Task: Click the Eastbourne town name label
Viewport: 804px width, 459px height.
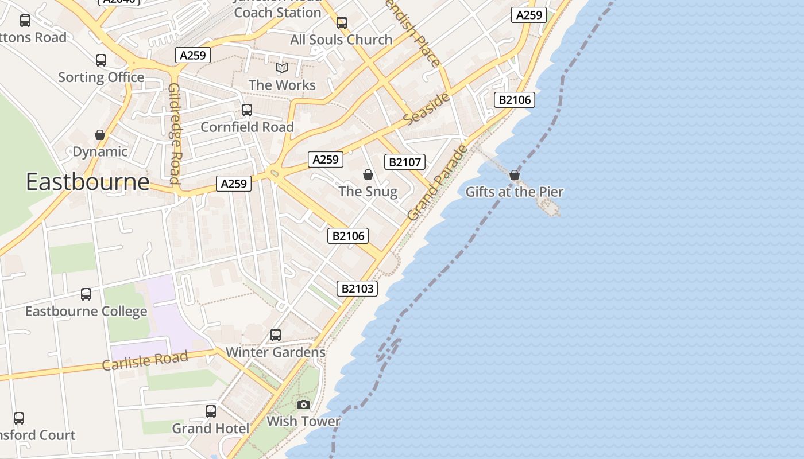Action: click(x=87, y=182)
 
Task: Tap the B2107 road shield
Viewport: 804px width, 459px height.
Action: click(x=405, y=162)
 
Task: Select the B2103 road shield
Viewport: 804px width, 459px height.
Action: click(x=357, y=288)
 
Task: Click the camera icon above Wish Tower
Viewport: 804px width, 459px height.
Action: click(x=304, y=404)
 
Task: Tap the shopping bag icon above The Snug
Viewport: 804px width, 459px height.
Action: click(x=368, y=174)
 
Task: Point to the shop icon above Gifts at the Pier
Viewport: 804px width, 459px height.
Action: click(x=515, y=175)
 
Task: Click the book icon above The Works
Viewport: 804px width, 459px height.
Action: click(x=282, y=68)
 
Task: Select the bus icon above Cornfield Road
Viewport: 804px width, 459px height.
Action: click(x=247, y=110)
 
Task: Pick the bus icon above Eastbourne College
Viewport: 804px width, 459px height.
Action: click(x=86, y=294)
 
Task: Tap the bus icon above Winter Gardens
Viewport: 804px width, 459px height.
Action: click(x=276, y=335)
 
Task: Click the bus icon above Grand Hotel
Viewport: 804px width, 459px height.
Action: click(x=211, y=411)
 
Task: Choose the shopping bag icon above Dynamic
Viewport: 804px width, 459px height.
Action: click(x=100, y=135)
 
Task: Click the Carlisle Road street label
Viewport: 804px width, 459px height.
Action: click(x=145, y=361)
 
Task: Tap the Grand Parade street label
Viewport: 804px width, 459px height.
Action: click(x=438, y=182)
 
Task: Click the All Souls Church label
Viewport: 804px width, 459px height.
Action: click(x=341, y=40)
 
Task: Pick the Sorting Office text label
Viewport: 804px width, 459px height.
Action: click(x=101, y=77)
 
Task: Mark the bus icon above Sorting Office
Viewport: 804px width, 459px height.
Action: click(x=101, y=60)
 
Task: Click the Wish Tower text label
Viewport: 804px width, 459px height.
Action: click(x=303, y=421)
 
